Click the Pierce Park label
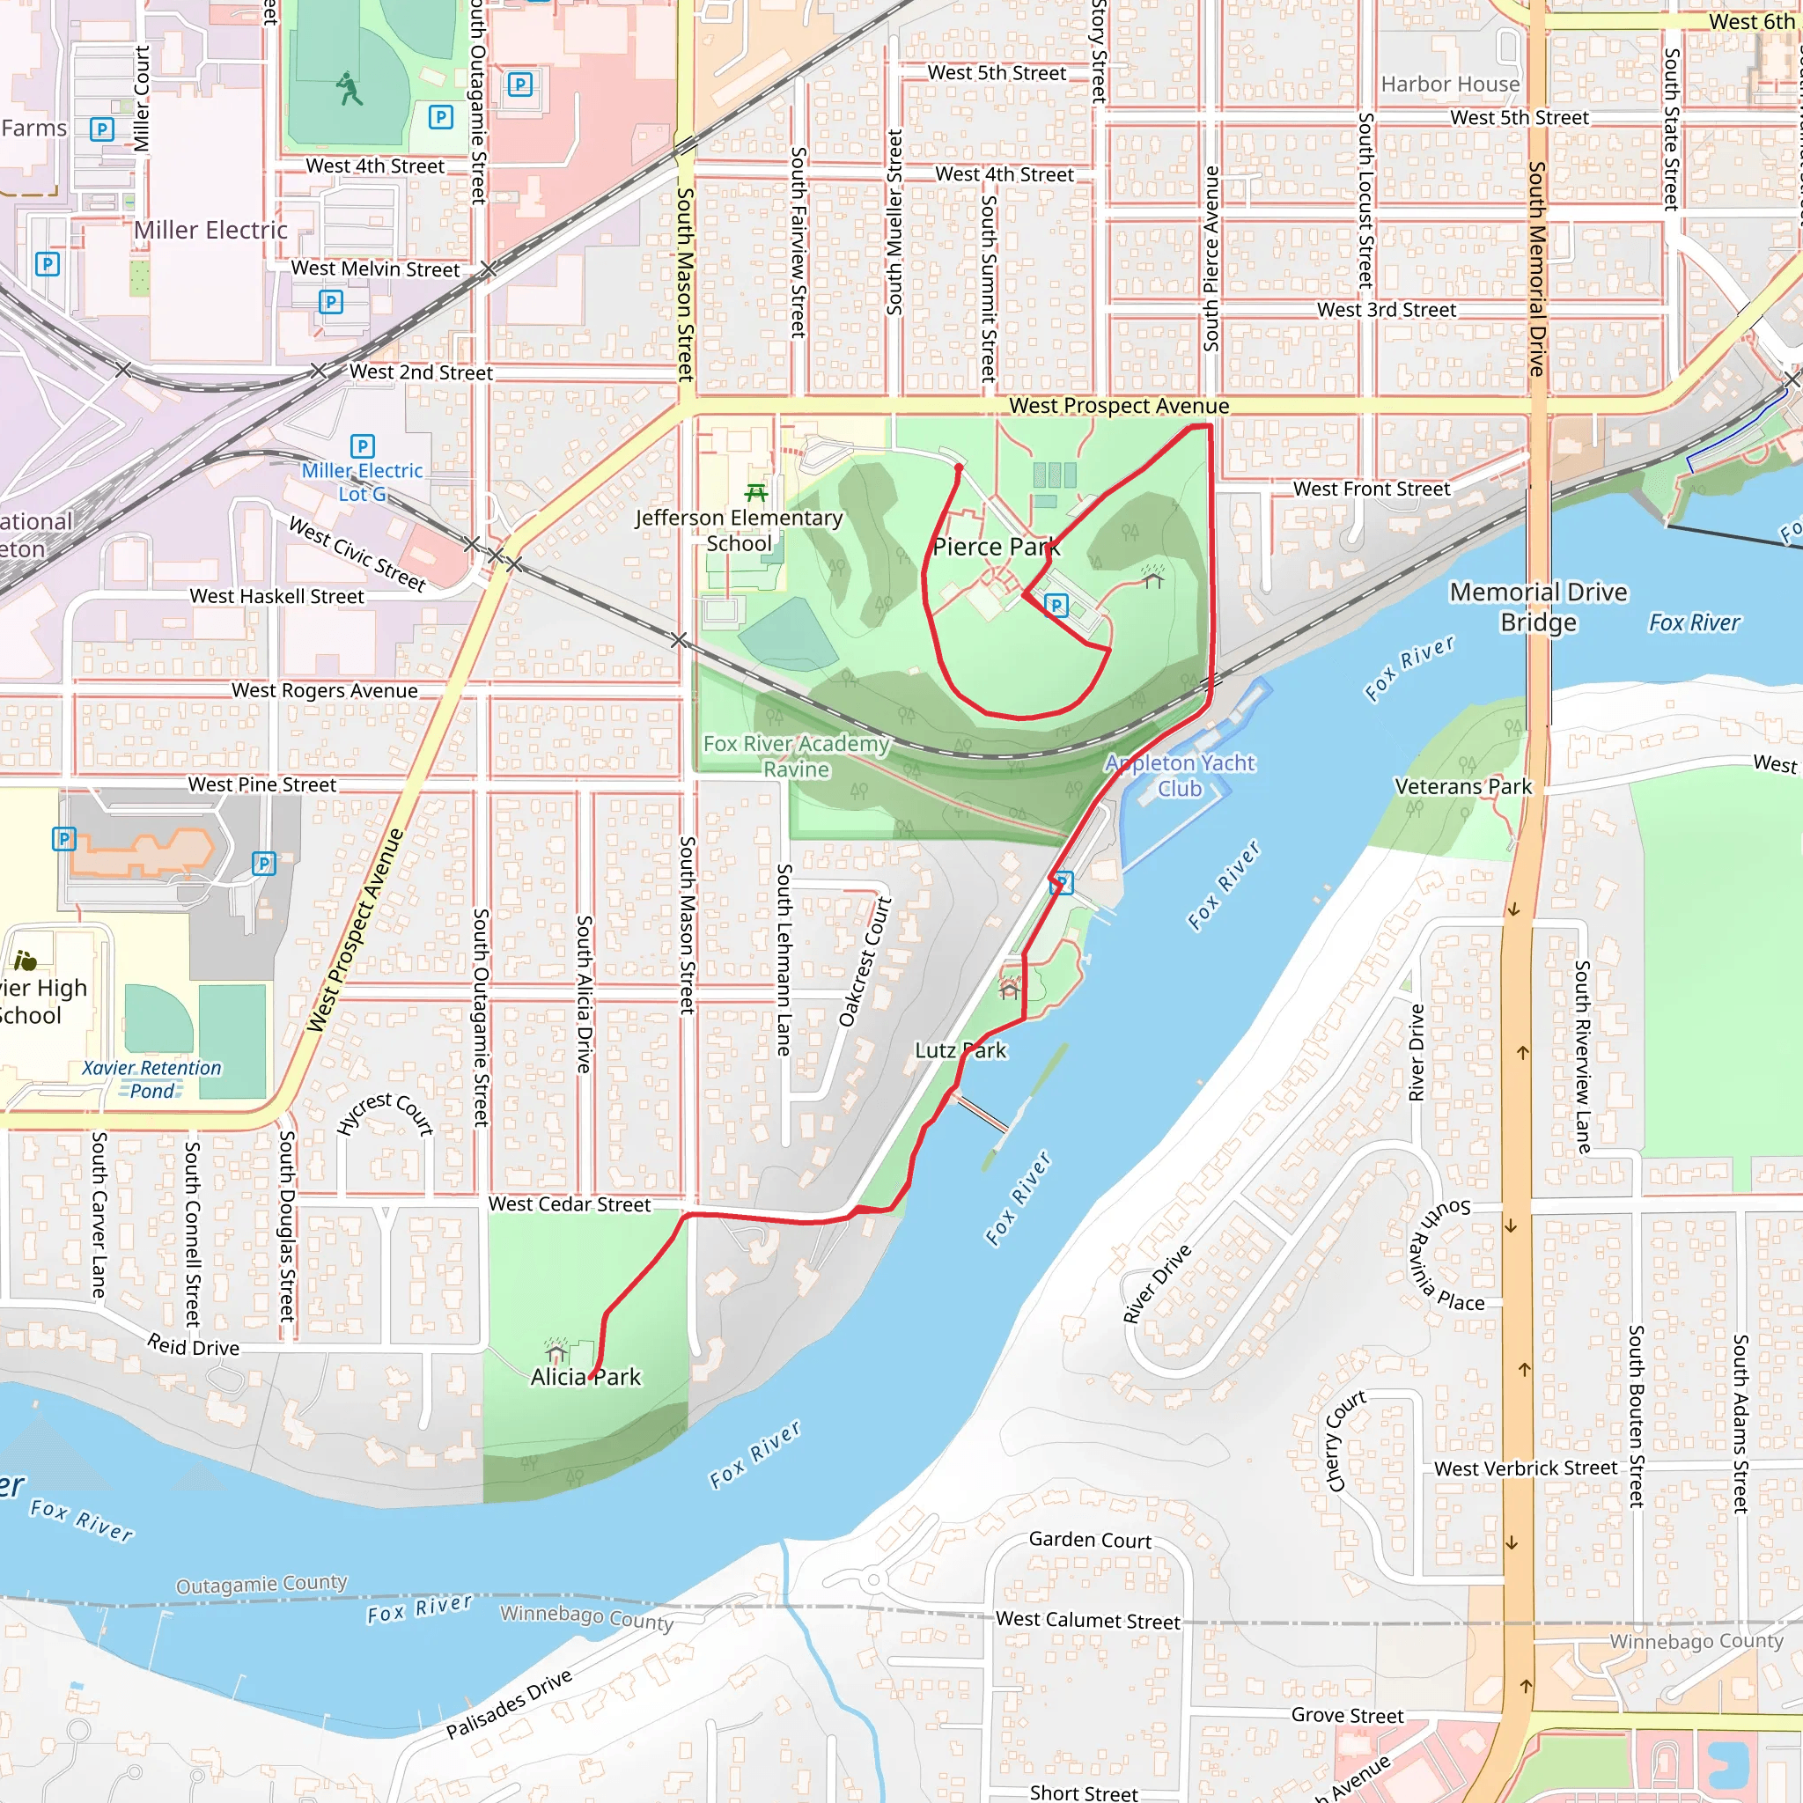[x=996, y=547]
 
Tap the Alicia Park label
[x=585, y=1377]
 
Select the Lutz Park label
[x=960, y=1050]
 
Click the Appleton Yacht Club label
[x=1180, y=776]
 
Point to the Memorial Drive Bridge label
[x=1538, y=607]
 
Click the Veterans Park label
[x=1462, y=787]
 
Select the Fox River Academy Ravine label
[x=796, y=756]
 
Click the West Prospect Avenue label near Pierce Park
[x=1118, y=406]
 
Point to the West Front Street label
[x=1371, y=489]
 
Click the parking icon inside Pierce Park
[x=1056, y=606]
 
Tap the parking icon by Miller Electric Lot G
[x=362, y=446]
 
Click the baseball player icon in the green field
[x=349, y=89]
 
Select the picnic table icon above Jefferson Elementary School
[x=756, y=492]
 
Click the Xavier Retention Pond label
[x=152, y=1078]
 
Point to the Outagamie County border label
[x=261, y=1584]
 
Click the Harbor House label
[x=1449, y=85]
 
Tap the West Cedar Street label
[x=570, y=1203]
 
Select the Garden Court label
[x=1090, y=1540]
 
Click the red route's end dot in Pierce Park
[x=959, y=468]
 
